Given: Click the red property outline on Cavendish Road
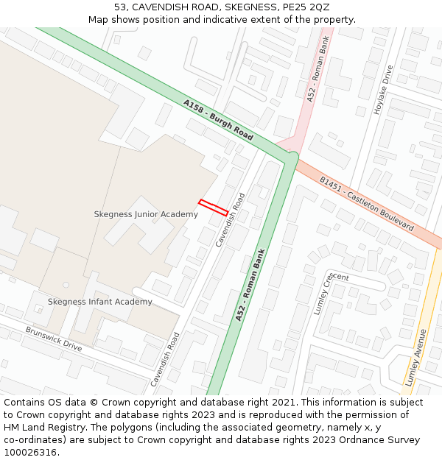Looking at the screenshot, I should [214, 208].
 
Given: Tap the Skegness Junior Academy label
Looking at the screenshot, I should [146, 214].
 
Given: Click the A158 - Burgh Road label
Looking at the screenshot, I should [218, 121].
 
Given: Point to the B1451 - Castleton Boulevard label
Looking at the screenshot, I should [366, 204].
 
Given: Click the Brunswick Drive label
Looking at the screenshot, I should [54, 339].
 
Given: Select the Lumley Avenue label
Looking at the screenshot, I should [416, 358].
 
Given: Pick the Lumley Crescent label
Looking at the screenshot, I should [325, 293].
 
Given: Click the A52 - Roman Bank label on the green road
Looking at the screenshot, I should [250, 286].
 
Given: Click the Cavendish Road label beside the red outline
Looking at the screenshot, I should [231, 220].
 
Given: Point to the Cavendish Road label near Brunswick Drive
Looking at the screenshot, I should [166, 359].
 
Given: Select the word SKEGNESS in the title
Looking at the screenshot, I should [235, 7].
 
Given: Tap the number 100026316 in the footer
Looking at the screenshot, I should [30, 452].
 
